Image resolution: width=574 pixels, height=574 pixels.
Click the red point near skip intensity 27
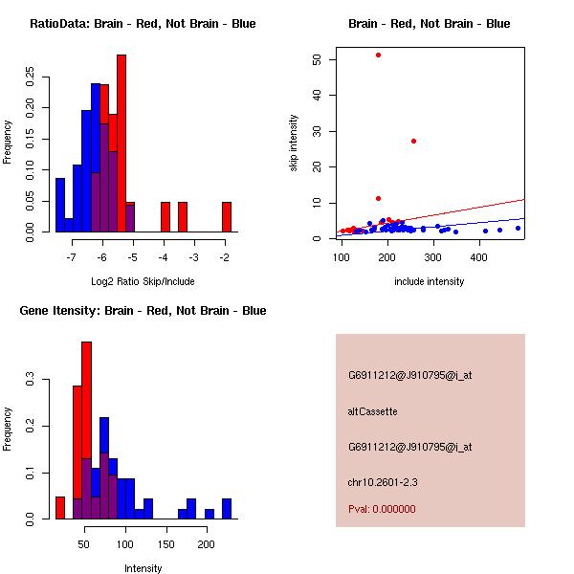(x=413, y=141)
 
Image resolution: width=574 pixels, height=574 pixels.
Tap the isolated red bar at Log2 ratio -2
(x=227, y=217)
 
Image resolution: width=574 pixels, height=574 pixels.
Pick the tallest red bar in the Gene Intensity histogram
(x=87, y=430)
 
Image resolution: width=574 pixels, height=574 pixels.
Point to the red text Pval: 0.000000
(x=382, y=509)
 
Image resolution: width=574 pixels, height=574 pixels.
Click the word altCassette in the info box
(x=372, y=411)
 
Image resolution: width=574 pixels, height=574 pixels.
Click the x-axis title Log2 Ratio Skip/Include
(x=142, y=281)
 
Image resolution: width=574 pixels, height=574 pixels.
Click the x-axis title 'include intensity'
(x=430, y=281)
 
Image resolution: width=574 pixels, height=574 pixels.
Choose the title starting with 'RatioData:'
(x=143, y=23)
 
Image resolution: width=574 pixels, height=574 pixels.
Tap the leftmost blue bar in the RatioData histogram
(x=60, y=205)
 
